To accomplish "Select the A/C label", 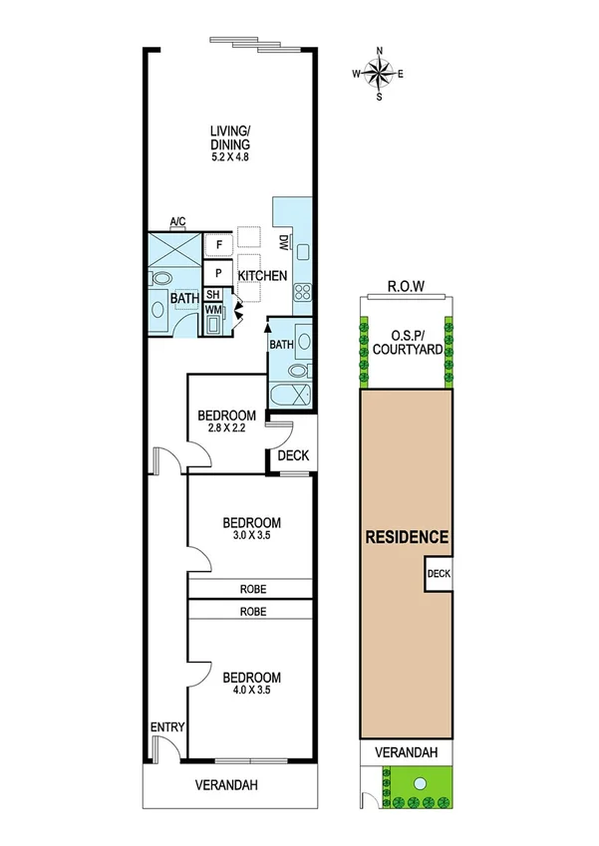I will click(x=178, y=222).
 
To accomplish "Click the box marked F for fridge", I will click(x=218, y=244).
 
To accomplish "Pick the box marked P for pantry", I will click(x=218, y=272).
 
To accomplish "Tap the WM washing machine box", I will click(x=213, y=310).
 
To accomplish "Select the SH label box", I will click(x=213, y=295).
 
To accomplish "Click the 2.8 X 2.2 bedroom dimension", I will click(x=226, y=429).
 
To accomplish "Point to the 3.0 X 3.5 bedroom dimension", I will click(x=250, y=535).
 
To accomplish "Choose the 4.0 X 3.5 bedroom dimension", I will click(x=250, y=689).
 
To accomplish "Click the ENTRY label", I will click(x=166, y=727).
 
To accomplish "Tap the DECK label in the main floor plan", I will click(x=293, y=456).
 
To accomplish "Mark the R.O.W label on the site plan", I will click(x=406, y=286).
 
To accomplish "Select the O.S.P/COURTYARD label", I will click(x=406, y=343).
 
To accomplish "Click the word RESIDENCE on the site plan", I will click(x=407, y=536).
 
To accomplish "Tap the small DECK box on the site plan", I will click(x=439, y=574).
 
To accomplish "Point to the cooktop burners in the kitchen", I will click(x=301, y=293).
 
